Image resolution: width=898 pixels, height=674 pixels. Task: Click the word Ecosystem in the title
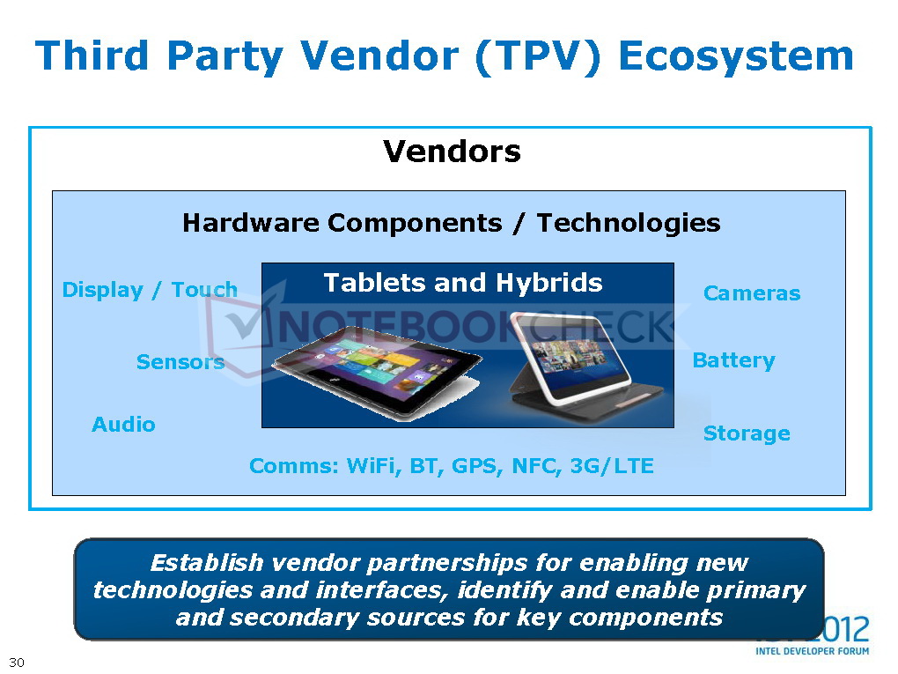tap(736, 56)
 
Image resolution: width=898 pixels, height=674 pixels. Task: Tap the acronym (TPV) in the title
tap(538, 57)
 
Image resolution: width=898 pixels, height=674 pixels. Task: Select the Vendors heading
tap(452, 152)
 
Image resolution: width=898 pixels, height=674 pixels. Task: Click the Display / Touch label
tap(150, 290)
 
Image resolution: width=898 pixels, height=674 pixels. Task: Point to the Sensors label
tap(180, 362)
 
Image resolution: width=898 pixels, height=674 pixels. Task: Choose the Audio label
tap(124, 425)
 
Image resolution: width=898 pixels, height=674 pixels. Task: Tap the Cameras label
tap(752, 293)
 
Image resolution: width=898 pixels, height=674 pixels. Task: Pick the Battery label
tap(733, 360)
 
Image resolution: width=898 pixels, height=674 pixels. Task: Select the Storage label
tap(747, 433)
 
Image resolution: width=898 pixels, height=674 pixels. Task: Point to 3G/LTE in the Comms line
tap(612, 466)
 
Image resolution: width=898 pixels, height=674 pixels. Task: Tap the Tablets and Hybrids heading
tap(463, 283)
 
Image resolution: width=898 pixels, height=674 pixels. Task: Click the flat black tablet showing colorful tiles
tap(377, 371)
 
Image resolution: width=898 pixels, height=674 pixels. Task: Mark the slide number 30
tap(17, 663)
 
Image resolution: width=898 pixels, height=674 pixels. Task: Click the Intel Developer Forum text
tap(812, 651)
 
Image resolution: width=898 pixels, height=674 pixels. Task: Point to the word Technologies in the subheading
tap(629, 224)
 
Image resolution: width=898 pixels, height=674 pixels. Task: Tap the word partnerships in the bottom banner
tap(446, 563)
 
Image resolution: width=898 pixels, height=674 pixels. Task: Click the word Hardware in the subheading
tap(251, 223)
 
